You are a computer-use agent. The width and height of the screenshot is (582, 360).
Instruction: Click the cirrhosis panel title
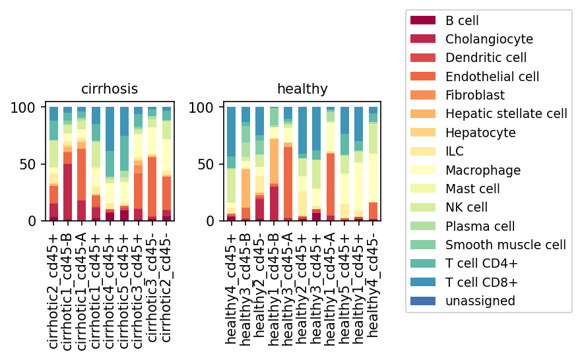coord(110,89)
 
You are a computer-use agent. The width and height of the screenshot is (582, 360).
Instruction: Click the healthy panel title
coord(302,89)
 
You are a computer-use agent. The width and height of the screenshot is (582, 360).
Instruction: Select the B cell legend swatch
coord(423,20)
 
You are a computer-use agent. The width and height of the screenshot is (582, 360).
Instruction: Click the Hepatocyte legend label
coord(480,133)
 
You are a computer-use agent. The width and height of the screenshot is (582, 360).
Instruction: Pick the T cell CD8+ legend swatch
coord(423,282)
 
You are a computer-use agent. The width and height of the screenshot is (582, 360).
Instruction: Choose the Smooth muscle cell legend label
coord(505,245)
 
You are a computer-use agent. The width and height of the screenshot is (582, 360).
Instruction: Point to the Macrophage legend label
coord(483,170)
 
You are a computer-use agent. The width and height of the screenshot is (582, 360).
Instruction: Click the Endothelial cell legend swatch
coord(423,76)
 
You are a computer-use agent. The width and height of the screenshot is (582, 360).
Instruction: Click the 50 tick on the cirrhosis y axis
coord(28,164)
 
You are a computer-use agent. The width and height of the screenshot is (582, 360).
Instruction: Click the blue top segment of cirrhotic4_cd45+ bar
coord(110,129)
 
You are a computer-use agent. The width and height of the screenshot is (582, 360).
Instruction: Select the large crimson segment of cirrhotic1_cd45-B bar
coord(67,193)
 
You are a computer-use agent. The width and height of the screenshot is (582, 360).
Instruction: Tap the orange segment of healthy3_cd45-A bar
coord(288,183)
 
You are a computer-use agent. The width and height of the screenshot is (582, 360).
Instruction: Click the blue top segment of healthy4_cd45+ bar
coord(232,132)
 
